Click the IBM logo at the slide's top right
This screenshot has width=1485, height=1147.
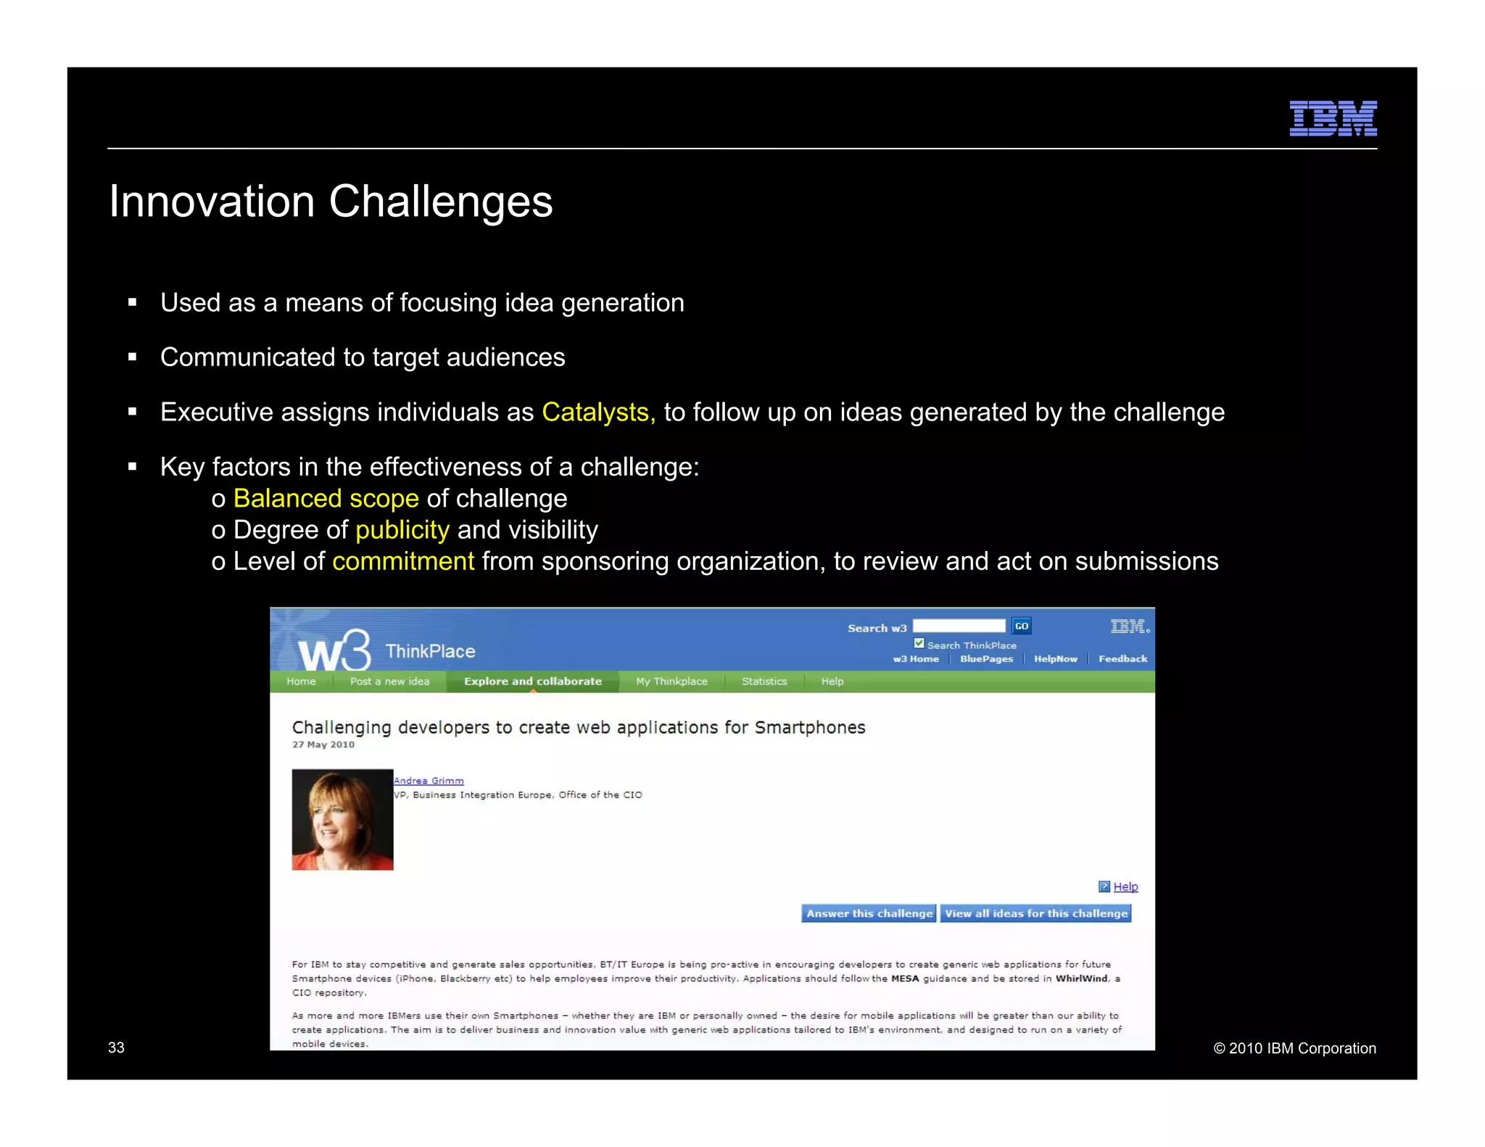[x=1332, y=118]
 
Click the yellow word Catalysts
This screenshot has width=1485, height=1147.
[x=597, y=413]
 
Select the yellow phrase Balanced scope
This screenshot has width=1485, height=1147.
[x=326, y=499]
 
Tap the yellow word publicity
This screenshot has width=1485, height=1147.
[x=402, y=530]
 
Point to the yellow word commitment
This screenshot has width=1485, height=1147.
[x=403, y=562]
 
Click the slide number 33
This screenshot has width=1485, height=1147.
[x=116, y=1048]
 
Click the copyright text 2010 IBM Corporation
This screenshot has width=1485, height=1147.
[x=1294, y=1048]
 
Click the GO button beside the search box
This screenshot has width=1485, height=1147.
[x=1021, y=626]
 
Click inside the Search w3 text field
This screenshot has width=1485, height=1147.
[x=958, y=626]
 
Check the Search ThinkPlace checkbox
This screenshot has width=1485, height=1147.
[x=919, y=644]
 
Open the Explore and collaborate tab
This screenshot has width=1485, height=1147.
[x=532, y=682]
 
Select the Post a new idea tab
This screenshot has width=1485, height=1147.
[x=389, y=682]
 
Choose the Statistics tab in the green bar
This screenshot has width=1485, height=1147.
[x=764, y=682]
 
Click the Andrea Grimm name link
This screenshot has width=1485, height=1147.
[x=429, y=781]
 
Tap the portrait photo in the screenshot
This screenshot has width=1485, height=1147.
[x=342, y=819]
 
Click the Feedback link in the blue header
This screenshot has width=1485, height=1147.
[x=1122, y=659]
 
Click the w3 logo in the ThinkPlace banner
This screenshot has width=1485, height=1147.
[x=334, y=651]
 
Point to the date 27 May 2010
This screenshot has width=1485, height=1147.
[x=323, y=745]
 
